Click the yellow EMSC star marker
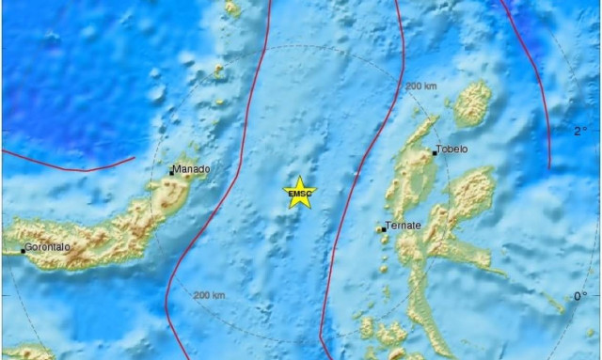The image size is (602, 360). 300,193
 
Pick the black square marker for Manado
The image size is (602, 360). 171,172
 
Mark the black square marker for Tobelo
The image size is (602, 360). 435,152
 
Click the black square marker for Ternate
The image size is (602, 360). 381,228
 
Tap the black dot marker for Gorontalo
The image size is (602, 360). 23,251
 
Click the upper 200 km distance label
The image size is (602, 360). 421,86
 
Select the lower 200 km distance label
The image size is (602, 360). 209,295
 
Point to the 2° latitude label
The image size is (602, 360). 579,131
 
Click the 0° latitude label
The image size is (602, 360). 579,297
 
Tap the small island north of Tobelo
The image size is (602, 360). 473,103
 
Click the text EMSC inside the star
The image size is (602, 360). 300,195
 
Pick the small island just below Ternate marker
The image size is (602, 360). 385,243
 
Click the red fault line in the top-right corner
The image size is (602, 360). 531,56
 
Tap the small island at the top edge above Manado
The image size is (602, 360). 232,8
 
